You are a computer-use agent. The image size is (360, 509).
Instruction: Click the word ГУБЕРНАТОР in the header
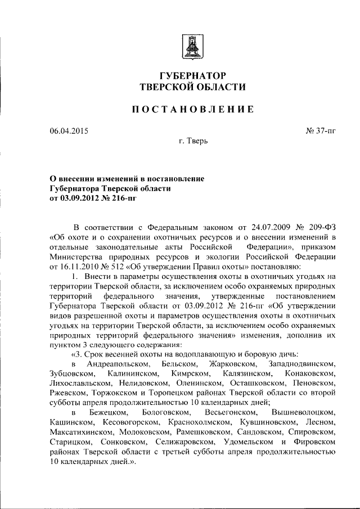[x=193, y=75]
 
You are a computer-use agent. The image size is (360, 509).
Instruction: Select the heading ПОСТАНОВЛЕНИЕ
[x=193, y=110]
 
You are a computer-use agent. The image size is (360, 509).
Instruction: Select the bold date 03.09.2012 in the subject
[x=80, y=198]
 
